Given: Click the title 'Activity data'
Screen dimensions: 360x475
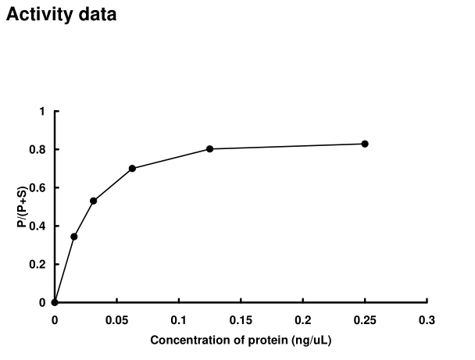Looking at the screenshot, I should click(62, 14).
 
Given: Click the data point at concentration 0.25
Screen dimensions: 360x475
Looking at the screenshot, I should click(365, 144).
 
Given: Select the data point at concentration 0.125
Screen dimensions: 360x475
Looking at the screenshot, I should click(209, 148).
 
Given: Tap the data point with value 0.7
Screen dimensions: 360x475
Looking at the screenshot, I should click(132, 168).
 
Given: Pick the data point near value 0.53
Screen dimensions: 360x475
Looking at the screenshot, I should click(93, 201).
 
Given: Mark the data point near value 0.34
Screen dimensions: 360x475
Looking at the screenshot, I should click(73, 237).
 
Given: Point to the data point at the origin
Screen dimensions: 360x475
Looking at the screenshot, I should click(55, 302).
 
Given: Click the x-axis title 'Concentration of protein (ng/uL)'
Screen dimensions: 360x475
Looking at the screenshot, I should click(241, 340).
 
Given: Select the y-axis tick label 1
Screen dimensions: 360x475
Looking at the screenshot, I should click(42, 111).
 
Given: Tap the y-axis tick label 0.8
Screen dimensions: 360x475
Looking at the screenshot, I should click(38, 149).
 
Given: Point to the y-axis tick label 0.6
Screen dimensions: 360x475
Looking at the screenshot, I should click(38, 187).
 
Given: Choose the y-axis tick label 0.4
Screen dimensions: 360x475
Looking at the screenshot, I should click(38, 226).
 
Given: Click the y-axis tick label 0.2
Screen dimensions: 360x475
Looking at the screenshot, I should click(38, 264).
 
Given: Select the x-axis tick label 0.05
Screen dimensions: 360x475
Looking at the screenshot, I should click(116, 319).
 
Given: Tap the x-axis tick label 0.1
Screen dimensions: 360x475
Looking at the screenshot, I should click(179, 319).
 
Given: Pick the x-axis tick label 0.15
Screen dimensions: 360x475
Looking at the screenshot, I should click(241, 319).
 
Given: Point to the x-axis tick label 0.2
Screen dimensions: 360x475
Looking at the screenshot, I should click(303, 319).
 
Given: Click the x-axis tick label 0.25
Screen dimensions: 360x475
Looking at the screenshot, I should click(365, 319).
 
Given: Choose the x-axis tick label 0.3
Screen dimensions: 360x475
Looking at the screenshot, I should click(427, 319).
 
